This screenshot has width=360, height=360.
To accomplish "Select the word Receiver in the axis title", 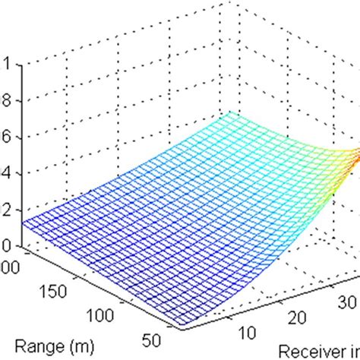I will (x=311, y=351).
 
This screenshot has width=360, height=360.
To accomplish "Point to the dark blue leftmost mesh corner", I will (x=24, y=223).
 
